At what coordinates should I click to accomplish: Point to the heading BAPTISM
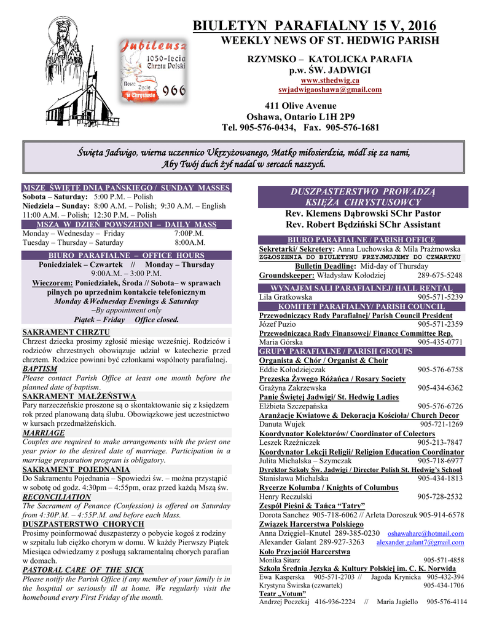pyautogui.click(x=40, y=369)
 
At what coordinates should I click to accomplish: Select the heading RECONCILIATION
pyautogui.click(x=57, y=496)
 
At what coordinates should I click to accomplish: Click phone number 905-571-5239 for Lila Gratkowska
pyautogui.click(x=440, y=297)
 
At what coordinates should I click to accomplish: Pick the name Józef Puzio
pyautogui.click(x=278, y=324)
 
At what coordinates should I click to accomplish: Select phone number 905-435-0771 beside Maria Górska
pyautogui.click(x=440, y=341)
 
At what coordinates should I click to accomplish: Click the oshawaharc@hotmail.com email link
pyautogui.click(x=426, y=533)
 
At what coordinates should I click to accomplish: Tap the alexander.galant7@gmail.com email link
pyautogui.click(x=420, y=543)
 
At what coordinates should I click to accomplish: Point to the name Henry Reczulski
pyautogui.click(x=286, y=496)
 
